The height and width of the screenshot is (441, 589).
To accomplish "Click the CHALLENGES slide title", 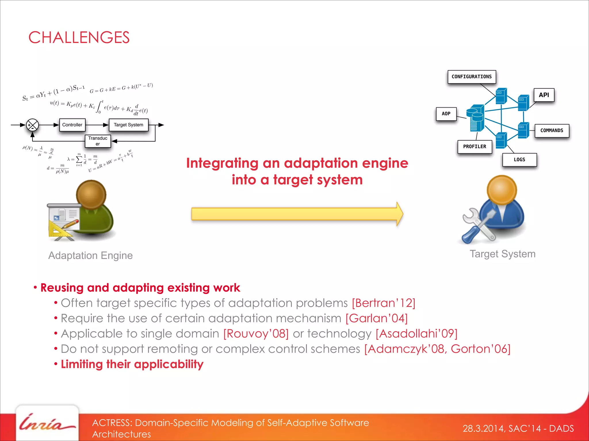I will click(79, 38).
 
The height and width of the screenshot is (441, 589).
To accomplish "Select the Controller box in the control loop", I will click(72, 125).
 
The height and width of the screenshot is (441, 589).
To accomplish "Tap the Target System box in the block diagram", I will click(128, 125).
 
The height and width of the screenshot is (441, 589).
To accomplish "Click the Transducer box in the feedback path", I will click(98, 141).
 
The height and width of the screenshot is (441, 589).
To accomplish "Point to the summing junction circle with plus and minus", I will click(32, 125).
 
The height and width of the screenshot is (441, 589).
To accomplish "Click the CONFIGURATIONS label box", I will click(472, 77).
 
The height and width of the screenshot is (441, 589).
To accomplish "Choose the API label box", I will click(544, 95).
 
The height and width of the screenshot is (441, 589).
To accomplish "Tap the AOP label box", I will click(446, 114).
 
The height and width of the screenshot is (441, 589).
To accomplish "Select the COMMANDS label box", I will click(552, 131).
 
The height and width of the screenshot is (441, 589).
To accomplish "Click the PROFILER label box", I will click(475, 146).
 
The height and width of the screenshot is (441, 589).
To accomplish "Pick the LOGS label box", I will click(519, 160).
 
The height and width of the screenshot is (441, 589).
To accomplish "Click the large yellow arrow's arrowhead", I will click(399, 214).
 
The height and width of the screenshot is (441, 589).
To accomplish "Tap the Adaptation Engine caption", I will click(90, 255).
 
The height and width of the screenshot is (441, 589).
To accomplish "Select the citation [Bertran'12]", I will click(383, 303).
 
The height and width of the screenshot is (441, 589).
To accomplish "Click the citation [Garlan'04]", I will click(376, 318).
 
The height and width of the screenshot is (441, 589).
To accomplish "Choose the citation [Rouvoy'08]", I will click(256, 334).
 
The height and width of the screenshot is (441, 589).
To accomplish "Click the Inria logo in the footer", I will click(47, 423).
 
